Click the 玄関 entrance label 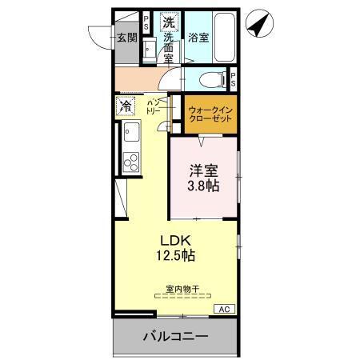[x=127, y=37]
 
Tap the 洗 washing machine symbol [x=168, y=22]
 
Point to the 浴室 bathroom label [x=198, y=37]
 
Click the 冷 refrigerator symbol [x=126, y=105]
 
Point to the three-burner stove [x=130, y=160]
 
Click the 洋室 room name [x=203, y=170]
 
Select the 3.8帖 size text [x=204, y=186]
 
